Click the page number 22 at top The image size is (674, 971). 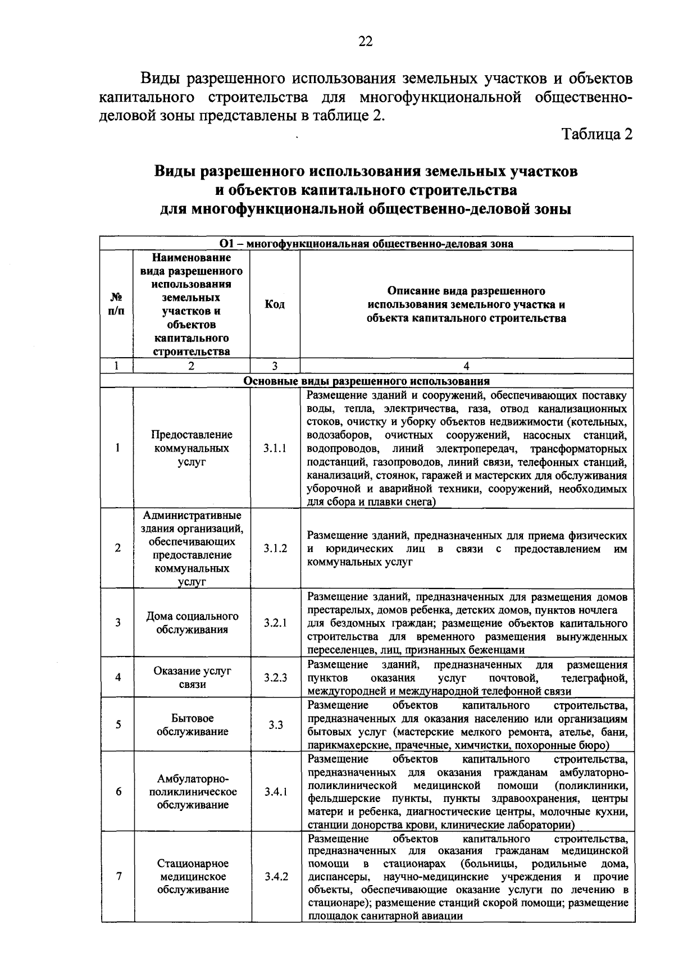(x=365, y=42)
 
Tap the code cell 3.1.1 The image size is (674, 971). (x=275, y=448)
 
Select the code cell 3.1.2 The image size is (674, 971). (x=275, y=548)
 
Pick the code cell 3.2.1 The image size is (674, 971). (x=275, y=623)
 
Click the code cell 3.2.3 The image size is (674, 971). (x=275, y=677)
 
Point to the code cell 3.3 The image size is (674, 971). (x=275, y=724)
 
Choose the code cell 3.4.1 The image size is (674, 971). (x=275, y=792)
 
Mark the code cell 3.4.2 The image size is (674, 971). (x=275, y=876)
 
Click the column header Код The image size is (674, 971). (x=275, y=304)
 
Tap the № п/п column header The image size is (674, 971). (x=116, y=304)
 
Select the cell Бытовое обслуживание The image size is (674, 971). (x=192, y=724)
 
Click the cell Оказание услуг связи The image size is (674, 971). (x=192, y=677)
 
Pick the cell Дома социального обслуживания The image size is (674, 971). (x=192, y=623)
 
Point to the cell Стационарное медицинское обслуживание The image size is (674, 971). (x=192, y=876)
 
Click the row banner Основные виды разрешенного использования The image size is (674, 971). (x=366, y=381)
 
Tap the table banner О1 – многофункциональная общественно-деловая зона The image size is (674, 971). (x=366, y=244)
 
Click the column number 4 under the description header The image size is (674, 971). (x=466, y=366)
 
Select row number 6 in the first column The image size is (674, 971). (x=118, y=792)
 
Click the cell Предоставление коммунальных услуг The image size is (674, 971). (x=192, y=448)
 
